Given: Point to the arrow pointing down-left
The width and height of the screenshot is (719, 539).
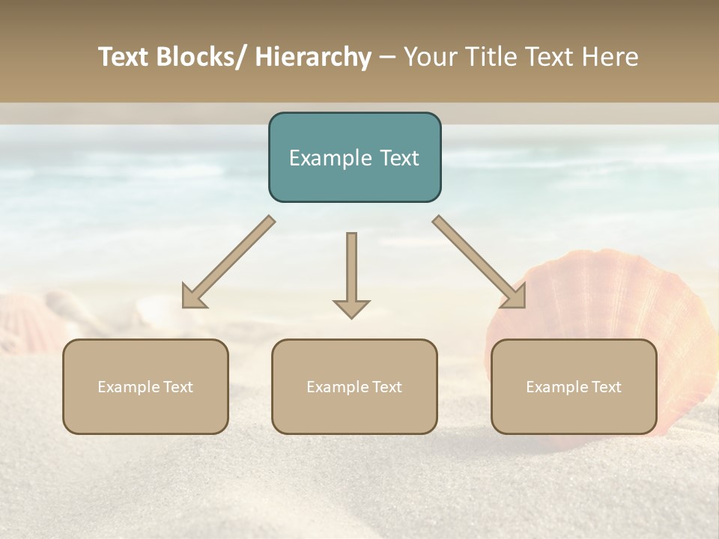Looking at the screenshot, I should [x=228, y=262].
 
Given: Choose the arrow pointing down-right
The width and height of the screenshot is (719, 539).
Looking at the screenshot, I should [x=479, y=262].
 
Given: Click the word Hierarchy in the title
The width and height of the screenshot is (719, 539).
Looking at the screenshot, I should [x=313, y=57].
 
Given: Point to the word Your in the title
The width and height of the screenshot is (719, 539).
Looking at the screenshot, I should [x=430, y=57].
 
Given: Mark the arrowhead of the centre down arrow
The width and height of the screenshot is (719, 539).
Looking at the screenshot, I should [x=351, y=308].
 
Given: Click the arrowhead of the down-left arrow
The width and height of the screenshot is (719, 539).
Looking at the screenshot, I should [x=193, y=296].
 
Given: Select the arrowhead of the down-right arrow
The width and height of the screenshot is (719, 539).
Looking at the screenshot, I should [x=515, y=296].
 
